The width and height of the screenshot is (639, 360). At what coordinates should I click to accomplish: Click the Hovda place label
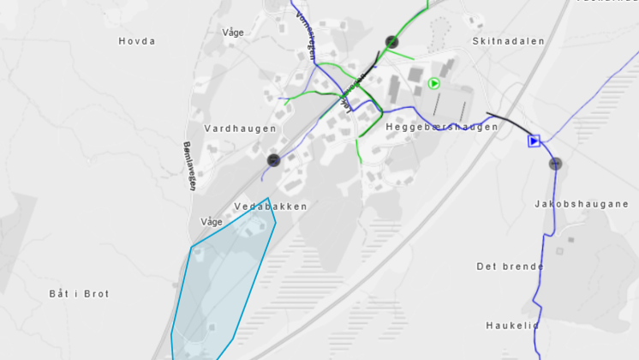pos(137,41)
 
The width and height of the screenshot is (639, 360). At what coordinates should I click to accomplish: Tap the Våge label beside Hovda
pos(233,33)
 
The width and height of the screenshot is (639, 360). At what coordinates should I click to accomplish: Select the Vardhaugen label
pos(241,129)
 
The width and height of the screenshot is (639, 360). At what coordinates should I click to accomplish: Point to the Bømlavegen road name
pos(190,165)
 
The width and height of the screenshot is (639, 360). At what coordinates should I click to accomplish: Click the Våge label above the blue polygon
pos(211,221)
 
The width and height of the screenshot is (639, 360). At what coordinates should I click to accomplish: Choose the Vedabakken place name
pos(270,207)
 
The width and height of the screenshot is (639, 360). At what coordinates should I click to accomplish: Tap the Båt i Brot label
pos(79,294)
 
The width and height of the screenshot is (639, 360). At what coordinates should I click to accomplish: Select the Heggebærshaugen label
pos(442,127)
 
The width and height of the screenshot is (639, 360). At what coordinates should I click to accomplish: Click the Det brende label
pos(511,266)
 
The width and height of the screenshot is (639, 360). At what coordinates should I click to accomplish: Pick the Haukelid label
pos(512,326)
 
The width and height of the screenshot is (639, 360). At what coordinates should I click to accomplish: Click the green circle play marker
pos(434,83)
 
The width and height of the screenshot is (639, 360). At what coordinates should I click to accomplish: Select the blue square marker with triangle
pos(534,141)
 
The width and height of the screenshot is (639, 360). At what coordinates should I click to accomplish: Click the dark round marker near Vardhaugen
pos(273,159)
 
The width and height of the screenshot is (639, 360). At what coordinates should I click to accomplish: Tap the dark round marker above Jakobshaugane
pos(556,164)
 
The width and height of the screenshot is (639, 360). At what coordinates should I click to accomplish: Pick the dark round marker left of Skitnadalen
pos(392,41)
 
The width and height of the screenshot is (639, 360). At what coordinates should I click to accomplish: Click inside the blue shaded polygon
pos(218,283)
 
